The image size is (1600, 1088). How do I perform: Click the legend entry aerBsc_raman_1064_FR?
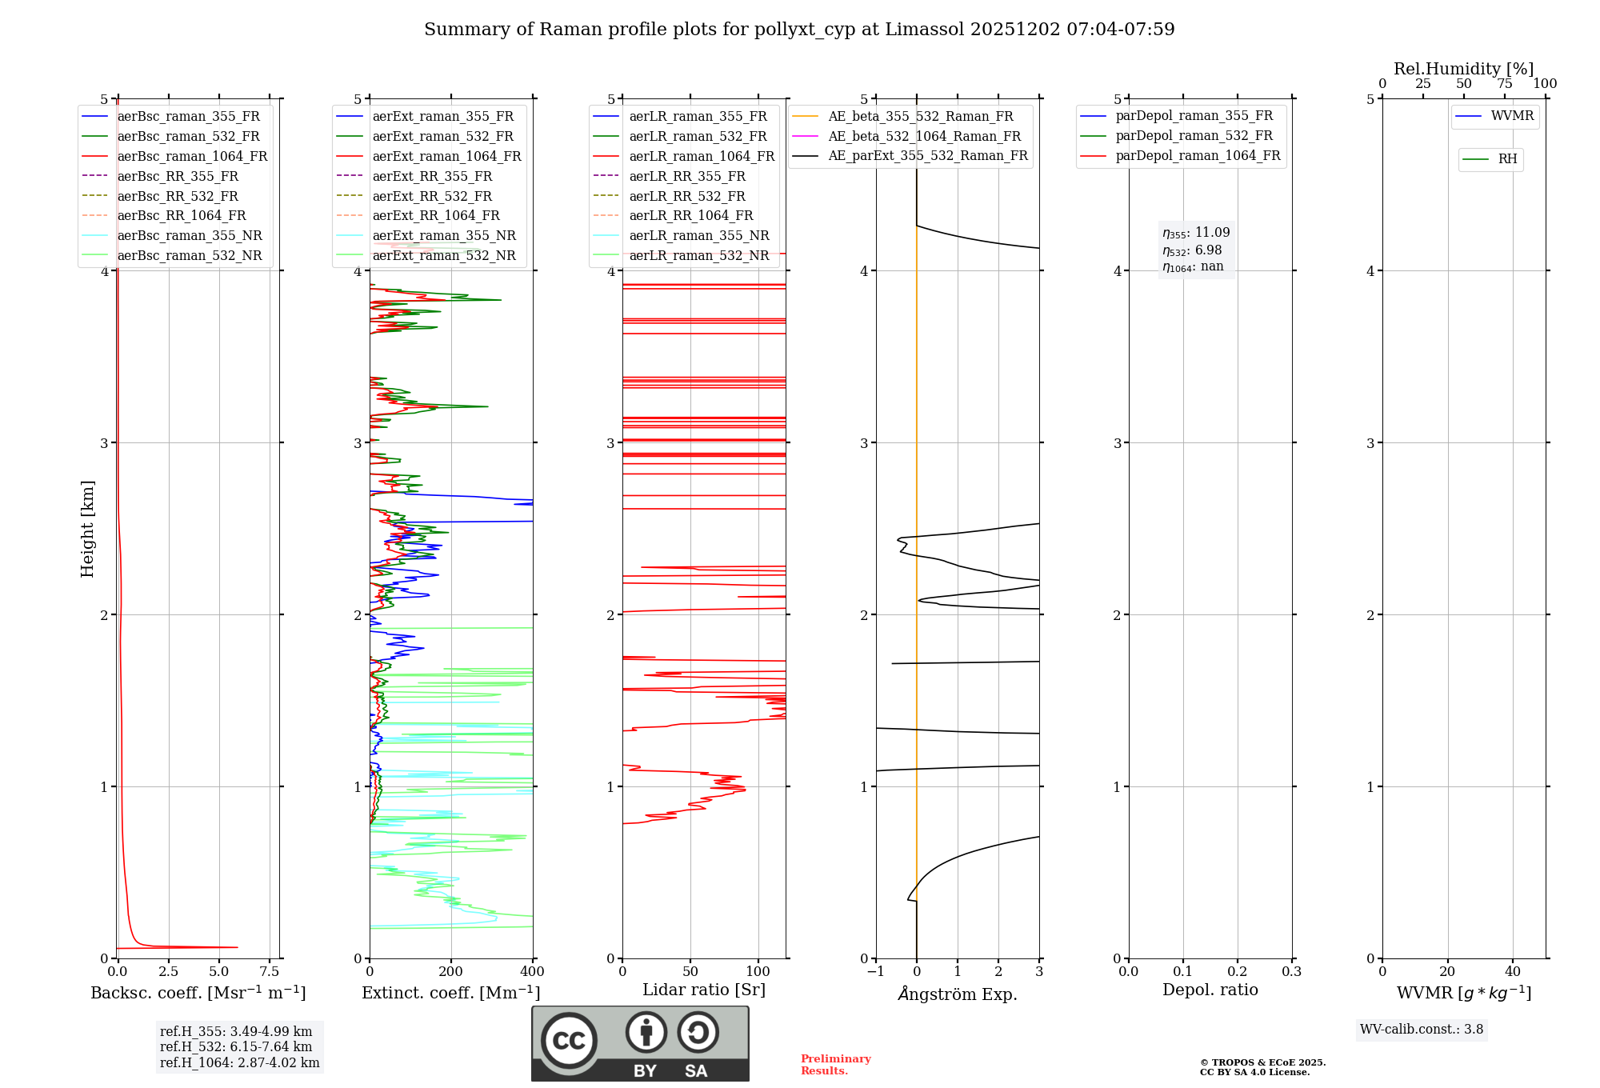click(x=192, y=157)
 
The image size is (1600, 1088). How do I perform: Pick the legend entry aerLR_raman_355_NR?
click(x=698, y=236)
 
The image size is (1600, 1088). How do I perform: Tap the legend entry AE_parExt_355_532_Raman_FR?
click(x=927, y=156)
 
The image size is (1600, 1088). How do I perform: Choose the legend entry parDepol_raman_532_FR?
click(x=1194, y=136)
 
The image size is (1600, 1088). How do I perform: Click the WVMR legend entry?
click(x=1512, y=116)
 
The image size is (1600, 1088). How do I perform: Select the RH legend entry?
click(x=1507, y=159)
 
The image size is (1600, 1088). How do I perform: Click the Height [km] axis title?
click(x=87, y=529)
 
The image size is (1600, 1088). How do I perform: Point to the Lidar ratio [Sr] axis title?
click(x=704, y=990)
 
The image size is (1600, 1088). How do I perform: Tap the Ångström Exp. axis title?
click(x=958, y=994)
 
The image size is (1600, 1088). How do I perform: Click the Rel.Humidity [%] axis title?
click(x=1463, y=69)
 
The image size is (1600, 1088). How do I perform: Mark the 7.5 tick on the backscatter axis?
click(x=270, y=972)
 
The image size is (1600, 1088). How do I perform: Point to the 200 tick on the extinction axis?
click(x=451, y=972)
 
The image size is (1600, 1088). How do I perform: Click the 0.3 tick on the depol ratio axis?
click(x=1292, y=972)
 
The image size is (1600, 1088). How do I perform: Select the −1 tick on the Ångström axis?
click(x=876, y=972)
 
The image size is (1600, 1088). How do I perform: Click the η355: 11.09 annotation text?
click(x=1196, y=233)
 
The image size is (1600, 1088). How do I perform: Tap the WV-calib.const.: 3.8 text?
click(x=1422, y=1030)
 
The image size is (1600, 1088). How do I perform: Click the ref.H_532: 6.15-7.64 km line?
click(x=236, y=1047)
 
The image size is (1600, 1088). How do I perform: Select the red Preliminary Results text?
click(x=835, y=1065)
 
